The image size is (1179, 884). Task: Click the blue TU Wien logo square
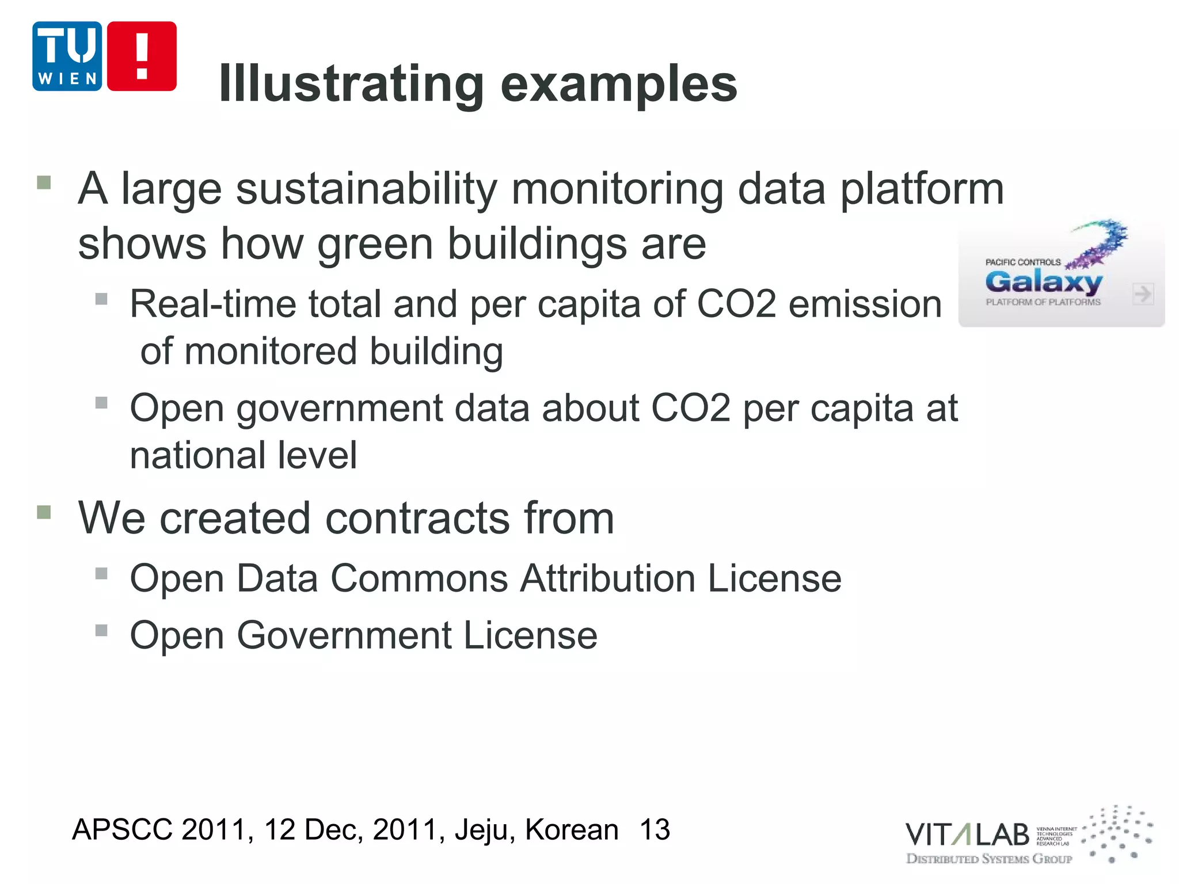(67, 56)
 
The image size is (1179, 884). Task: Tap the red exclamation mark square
(142, 56)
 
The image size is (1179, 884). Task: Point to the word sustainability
(366, 190)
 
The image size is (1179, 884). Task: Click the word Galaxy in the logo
(1043, 282)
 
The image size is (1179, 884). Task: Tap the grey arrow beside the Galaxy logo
(1143, 294)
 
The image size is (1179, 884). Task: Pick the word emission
(865, 304)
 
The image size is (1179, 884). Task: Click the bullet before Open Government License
(101, 631)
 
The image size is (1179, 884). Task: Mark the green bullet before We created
(44, 512)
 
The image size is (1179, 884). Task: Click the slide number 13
(655, 830)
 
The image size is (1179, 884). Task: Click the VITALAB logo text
(967, 835)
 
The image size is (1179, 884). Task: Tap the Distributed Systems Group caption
(989, 859)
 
